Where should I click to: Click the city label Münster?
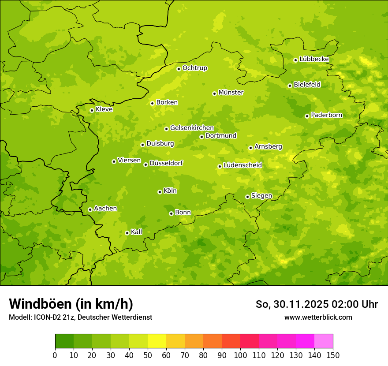coord(231,93)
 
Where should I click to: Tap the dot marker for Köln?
coord(160,192)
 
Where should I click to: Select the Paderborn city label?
coord(327,115)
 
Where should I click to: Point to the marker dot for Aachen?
coord(90,209)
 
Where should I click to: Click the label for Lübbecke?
coord(314,59)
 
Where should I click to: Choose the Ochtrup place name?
coord(195,68)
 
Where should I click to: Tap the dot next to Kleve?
coord(92,110)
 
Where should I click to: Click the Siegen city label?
coord(261,196)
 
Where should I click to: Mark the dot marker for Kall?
coord(127,233)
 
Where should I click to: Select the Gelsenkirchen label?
coord(192,128)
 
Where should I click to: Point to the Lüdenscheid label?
coord(242,165)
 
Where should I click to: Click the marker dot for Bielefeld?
coord(290,86)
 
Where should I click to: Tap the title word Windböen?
coord(40,304)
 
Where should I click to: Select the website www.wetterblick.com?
coord(318,317)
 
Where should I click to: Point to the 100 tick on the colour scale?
coord(240,355)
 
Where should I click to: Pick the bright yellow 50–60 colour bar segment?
coord(157,341)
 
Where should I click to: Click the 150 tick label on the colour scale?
coord(333,355)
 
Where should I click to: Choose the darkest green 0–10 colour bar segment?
coord(64,341)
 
